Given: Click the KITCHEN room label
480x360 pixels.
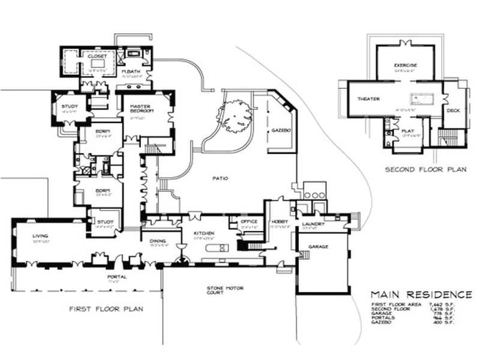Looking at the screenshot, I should (x=200, y=233).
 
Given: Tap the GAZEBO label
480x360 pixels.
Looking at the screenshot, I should (x=280, y=130).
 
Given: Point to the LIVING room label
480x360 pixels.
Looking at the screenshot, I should (x=40, y=236).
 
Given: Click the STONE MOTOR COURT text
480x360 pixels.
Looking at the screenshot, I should (x=224, y=290).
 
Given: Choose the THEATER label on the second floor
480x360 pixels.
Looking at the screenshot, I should (x=368, y=98).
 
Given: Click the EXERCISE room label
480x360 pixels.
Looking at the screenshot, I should (x=406, y=65).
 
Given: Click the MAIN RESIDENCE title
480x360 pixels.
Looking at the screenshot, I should (x=421, y=295).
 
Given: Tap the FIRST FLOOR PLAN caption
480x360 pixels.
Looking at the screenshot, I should (x=106, y=309).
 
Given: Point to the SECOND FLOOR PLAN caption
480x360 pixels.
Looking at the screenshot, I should (x=425, y=170).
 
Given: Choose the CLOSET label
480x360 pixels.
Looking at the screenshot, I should (x=97, y=56).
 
